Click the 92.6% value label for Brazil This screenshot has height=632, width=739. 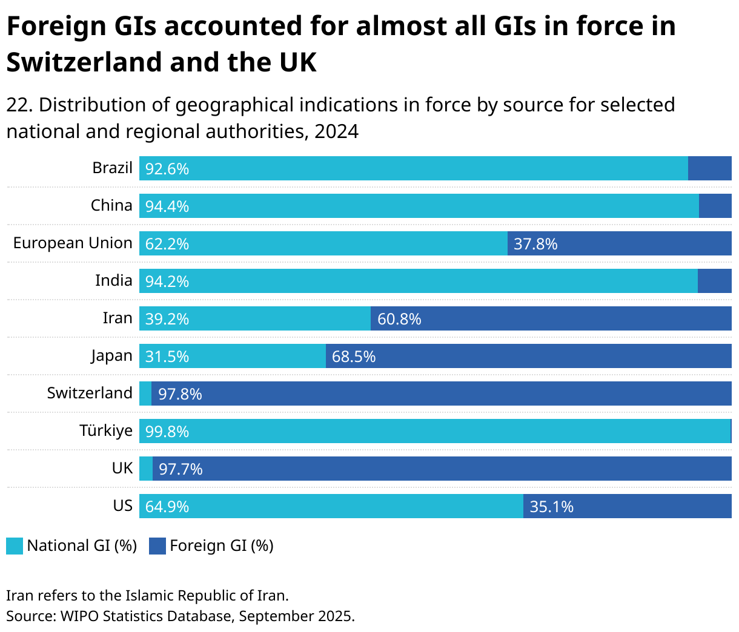coord(167,169)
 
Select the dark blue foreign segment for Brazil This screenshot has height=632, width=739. coord(709,168)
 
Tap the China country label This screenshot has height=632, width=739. coord(111,206)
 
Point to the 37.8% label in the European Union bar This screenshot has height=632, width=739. coord(535,244)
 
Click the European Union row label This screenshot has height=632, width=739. coord(73,243)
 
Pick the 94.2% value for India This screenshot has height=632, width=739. coord(167,281)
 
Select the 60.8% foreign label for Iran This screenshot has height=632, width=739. coord(399,319)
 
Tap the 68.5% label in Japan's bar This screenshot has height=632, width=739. coord(354,357)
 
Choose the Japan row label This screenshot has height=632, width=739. coord(111,356)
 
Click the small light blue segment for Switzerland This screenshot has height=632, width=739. coord(145,393)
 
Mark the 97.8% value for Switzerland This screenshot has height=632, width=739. coord(180,394)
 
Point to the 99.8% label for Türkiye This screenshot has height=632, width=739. coord(167,432)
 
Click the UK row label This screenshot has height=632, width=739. coord(122,469)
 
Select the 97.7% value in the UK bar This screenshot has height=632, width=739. coord(181,469)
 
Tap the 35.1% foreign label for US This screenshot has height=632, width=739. coord(551,507)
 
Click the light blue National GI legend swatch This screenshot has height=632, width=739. coord(15,546)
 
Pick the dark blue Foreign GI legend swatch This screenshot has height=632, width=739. coord(157,546)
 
